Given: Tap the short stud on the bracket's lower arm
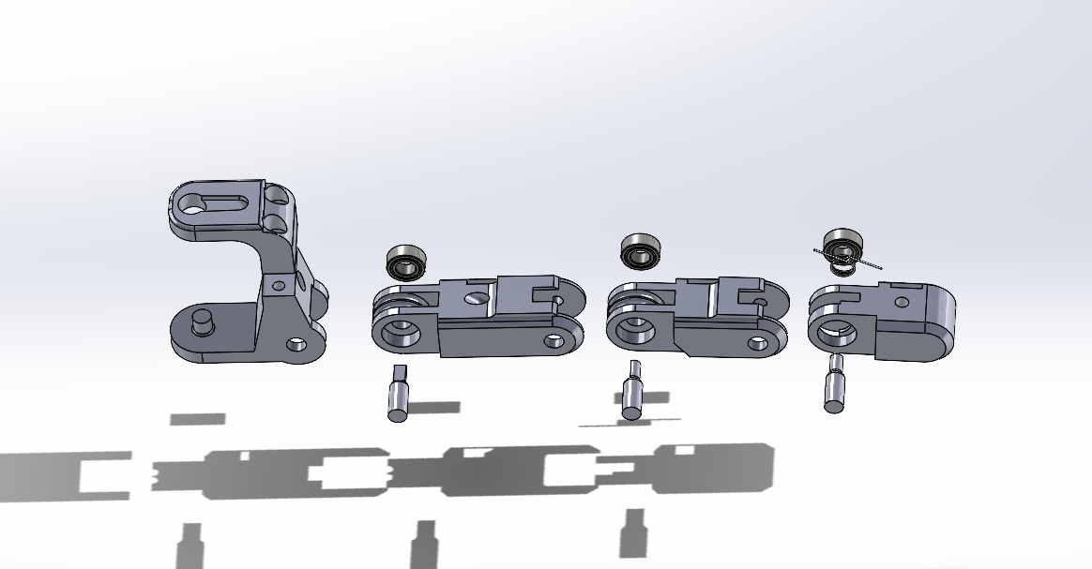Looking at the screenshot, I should tap(200, 322).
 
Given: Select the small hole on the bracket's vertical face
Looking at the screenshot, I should tap(277, 284).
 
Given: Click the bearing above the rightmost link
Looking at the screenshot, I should tap(842, 247).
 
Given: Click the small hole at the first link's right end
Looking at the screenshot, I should tap(554, 340).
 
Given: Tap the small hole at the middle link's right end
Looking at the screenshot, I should tap(757, 343).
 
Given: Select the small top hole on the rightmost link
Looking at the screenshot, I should tap(902, 302).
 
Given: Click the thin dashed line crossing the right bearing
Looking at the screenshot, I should tap(868, 263).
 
